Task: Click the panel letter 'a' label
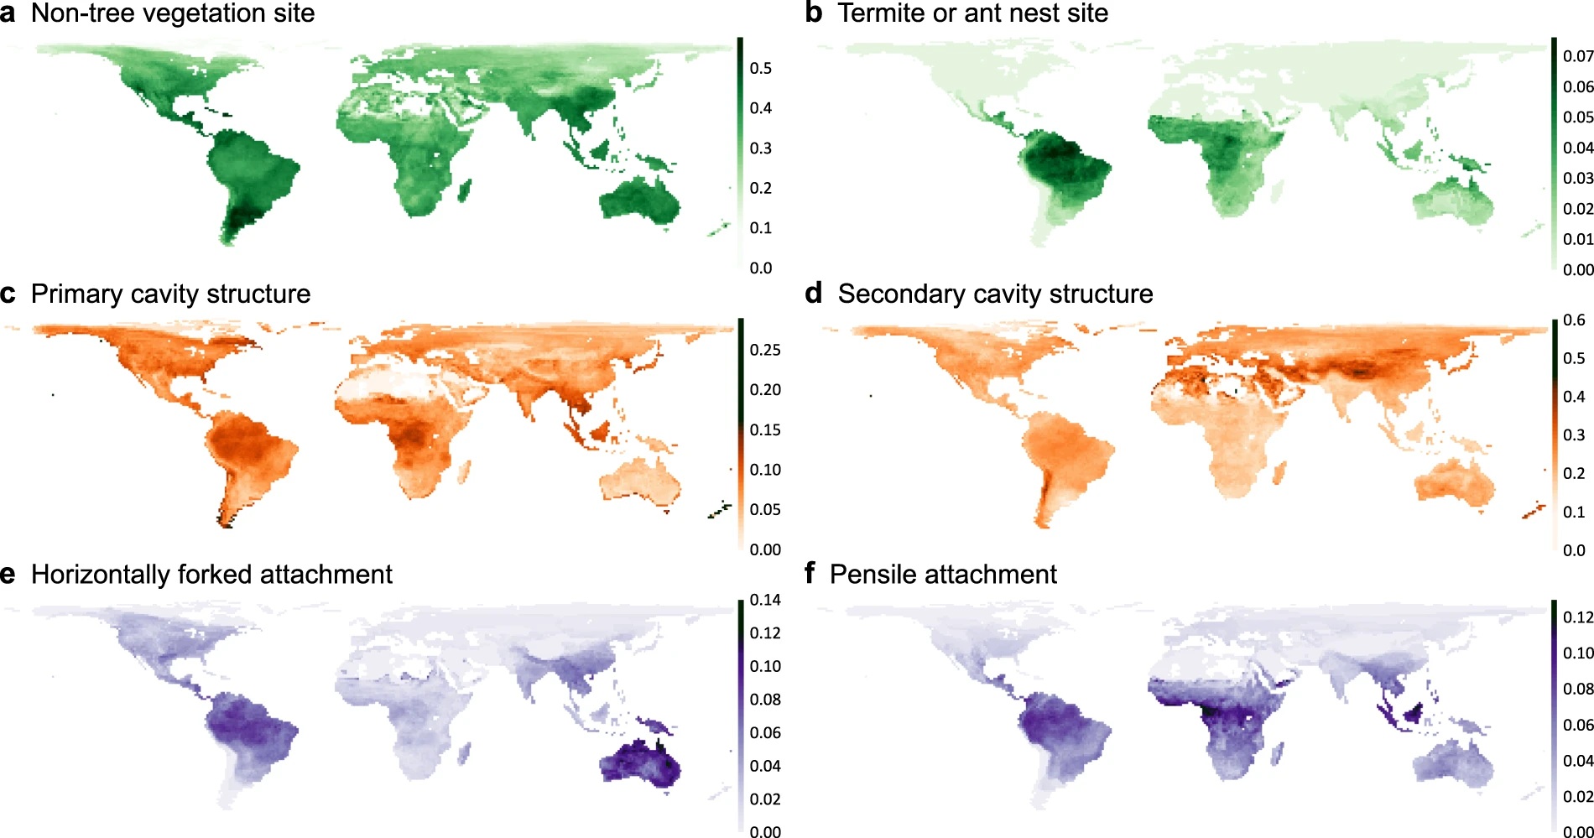8,13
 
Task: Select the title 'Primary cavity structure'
170,294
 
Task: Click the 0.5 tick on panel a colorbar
760,68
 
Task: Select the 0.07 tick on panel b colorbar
1577,56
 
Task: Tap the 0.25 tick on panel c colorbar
764,350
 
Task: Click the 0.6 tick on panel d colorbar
1574,320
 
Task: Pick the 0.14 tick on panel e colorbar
764,600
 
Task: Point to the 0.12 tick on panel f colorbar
1577,617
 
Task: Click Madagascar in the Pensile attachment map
1277,755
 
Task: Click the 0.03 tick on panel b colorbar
1577,179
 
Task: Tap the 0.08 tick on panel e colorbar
764,700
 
